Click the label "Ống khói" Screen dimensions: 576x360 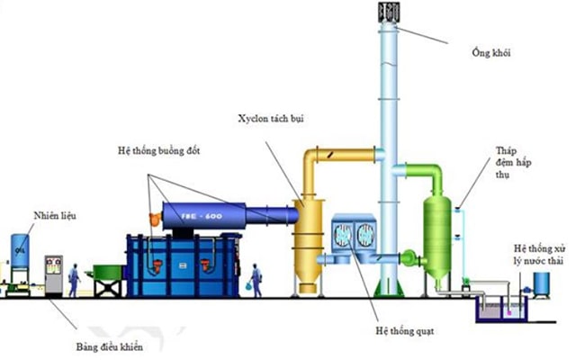coord(491,53)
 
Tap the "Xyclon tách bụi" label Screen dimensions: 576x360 coord(271,119)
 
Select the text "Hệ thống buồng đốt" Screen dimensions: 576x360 coord(158,150)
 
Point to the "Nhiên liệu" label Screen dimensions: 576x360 coord(55,215)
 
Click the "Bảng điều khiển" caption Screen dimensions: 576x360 coord(110,346)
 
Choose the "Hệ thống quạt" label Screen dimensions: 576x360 coord(404,331)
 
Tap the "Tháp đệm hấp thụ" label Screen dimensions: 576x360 coord(513,162)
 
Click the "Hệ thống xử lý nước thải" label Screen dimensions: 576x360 coord(539,255)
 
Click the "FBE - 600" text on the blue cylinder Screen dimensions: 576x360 coord(202,216)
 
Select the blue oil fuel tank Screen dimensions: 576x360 coord(20,251)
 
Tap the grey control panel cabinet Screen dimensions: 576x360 coord(54,274)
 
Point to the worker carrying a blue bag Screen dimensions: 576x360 coord(256,281)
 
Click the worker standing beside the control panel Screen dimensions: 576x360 coord(74,280)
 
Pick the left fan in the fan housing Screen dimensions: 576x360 coord(343,234)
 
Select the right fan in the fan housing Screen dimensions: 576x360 coord(365,234)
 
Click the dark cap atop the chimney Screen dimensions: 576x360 coord(389,12)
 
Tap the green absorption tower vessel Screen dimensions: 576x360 coord(437,237)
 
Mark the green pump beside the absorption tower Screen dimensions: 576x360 coord(409,258)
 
